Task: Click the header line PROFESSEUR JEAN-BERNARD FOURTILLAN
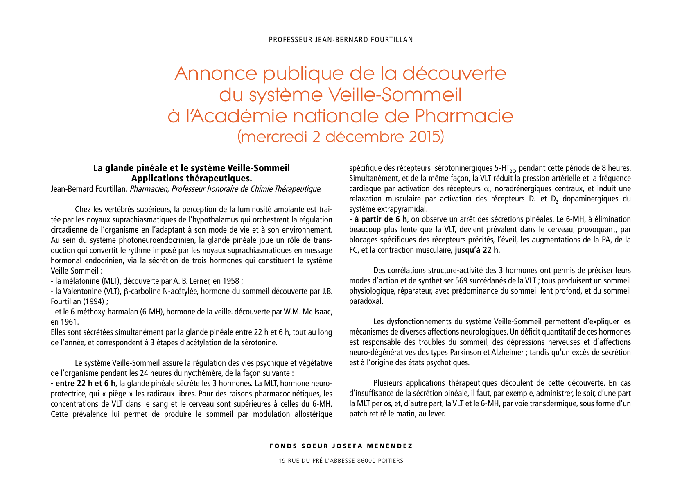tap(341, 40)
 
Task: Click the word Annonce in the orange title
tap(216, 74)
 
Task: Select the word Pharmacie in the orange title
tap(464, 116)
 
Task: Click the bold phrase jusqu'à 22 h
tap(476, 250)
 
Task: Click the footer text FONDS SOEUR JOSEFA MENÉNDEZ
tap(341, 446)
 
